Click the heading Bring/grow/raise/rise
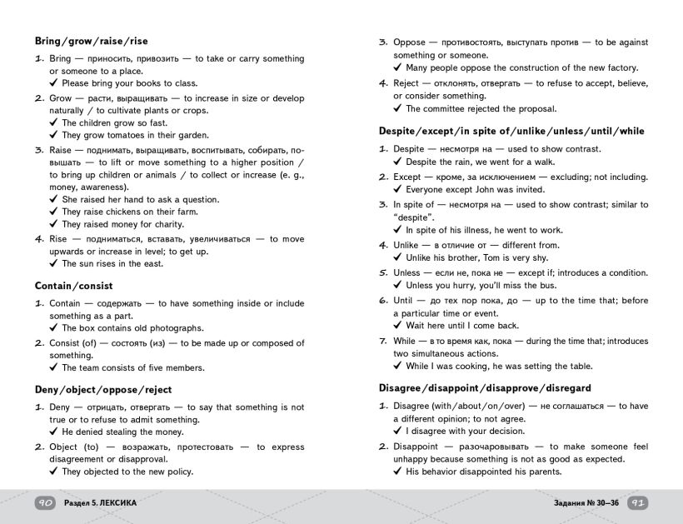[92, 41]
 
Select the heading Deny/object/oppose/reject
[103, 389]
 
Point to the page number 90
[46, 503]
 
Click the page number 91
[637, 503]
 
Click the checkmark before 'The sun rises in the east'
[53, 264]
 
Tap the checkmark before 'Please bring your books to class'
[53, 83]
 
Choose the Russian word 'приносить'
[100, 59]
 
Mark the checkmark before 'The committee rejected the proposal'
[397, 109]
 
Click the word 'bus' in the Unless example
[534, 286]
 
